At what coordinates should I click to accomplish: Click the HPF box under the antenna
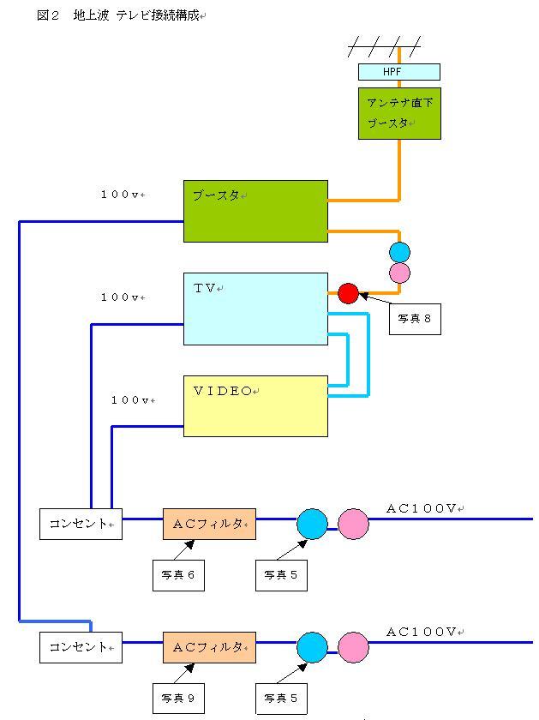click(398, 72)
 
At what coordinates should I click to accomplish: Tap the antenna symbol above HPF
click(385, 46)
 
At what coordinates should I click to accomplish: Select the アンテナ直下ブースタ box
click(399, 113)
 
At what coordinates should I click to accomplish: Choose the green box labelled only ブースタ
click(255, 211)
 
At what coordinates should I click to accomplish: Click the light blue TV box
click(255, 309)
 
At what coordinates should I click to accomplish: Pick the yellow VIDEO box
click(255, 405)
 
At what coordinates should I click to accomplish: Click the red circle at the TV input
click(348, 293)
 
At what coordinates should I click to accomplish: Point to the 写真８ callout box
click(415, 319)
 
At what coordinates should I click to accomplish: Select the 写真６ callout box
click(178, 575)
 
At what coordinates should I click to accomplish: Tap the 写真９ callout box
click(178, 699)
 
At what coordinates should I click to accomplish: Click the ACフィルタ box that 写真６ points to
click(209, 524)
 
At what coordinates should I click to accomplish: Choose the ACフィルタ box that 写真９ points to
click(209, 647)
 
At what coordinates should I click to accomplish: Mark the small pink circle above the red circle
click(399, 273)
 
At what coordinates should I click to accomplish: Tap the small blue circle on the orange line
click(399, 252)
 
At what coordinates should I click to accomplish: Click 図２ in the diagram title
click(48, 15)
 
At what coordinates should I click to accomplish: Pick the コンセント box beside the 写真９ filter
click(81, 647)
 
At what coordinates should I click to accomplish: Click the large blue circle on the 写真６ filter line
click(312, 524)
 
